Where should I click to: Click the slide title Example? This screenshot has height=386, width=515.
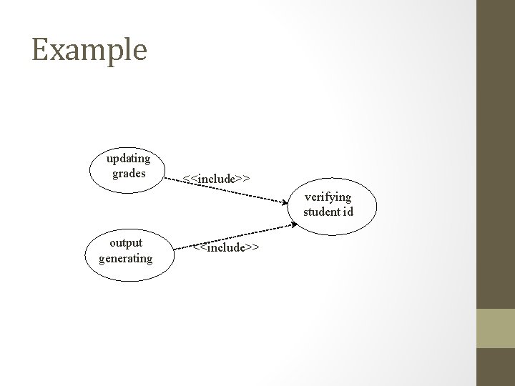click(89, 50)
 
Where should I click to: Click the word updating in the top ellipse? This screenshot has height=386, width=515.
click(128, 158)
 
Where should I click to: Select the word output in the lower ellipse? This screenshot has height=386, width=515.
click(126, 243)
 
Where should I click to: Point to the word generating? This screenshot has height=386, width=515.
click(126, 258)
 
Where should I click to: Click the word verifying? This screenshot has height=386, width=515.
click(328, 197)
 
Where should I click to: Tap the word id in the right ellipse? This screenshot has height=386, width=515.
click(348, 212)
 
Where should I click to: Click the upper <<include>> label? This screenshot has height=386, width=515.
click(216, 177)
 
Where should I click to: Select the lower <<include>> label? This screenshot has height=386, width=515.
click(225, 247)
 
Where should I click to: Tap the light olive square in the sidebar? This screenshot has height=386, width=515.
click(495, 328)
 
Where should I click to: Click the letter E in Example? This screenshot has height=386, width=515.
click(40, 49)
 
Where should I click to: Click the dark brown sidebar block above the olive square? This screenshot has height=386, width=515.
click(495, 154)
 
